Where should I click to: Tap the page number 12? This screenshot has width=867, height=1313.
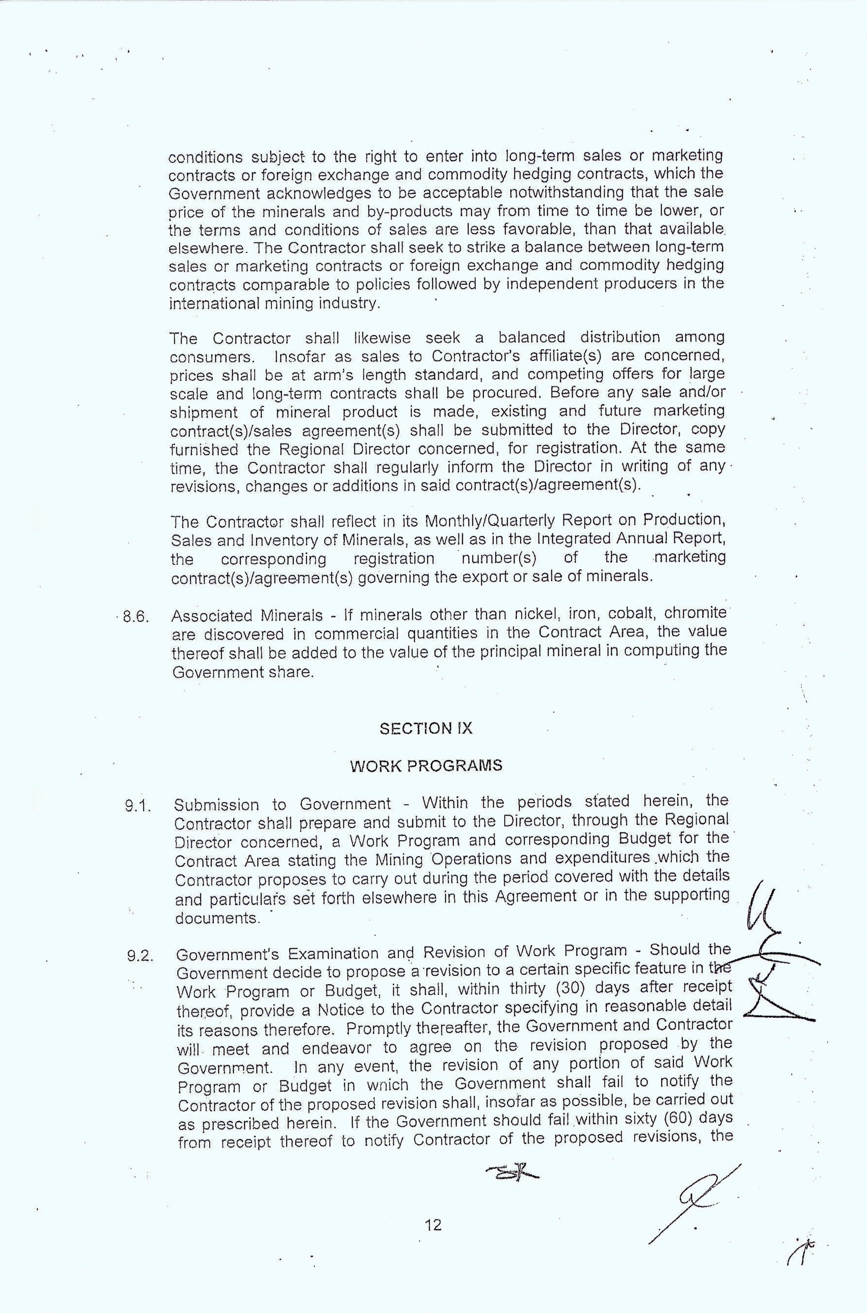point(433,1226)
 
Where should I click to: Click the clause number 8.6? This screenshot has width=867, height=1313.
point(136,616)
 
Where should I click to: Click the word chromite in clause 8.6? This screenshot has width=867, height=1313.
point(695,613)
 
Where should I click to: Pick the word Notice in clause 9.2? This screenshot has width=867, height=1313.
point(340,1009)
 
